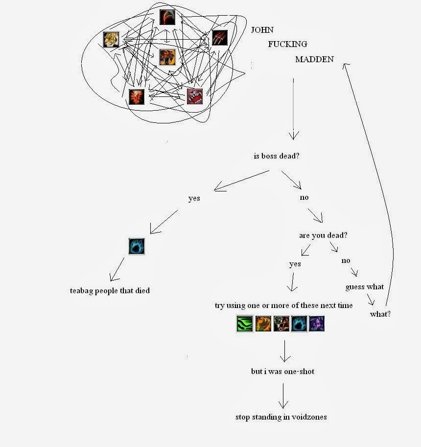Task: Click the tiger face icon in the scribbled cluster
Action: [111, 40]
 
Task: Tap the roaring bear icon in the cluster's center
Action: [167, 57]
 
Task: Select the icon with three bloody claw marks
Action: [220, 38]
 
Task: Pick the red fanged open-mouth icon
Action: [194, 96]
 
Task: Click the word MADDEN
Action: [314, 59]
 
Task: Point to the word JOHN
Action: [262, 30]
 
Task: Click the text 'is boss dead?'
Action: [277, 156]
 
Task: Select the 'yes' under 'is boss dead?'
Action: [194, 198]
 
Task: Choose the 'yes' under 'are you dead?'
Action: [295, 264]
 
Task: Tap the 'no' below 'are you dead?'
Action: [346, 260]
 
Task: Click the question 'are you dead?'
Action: [323, 235]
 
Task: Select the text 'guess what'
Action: [365, 287]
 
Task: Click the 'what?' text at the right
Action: [380, 314]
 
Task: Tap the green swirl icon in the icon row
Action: [244, 324]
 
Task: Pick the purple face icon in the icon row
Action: [317, 324]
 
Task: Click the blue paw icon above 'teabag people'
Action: [137, 246]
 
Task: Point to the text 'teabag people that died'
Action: [110, 290]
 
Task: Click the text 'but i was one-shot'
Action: [282, 372]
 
